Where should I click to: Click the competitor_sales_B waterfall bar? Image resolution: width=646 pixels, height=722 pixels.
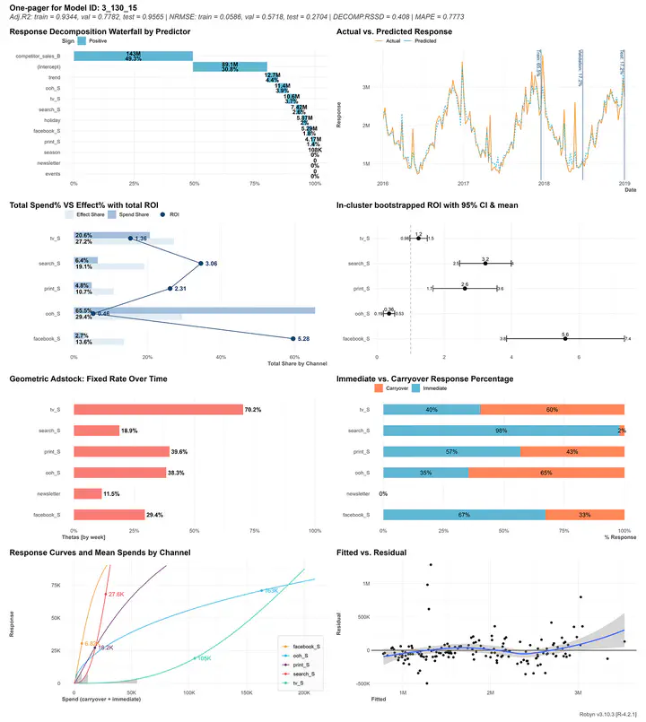click(133, 57)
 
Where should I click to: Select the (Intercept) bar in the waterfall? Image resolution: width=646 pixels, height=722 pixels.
click(230, 66)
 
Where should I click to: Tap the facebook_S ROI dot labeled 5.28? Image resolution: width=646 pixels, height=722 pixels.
click(292, 338)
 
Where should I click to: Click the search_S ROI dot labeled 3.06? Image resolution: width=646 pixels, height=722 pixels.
click(200, 264)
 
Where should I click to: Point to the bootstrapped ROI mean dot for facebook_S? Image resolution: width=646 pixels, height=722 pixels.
click(564, 338)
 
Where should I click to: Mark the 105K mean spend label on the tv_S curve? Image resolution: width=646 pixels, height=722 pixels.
click(203, 658)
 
